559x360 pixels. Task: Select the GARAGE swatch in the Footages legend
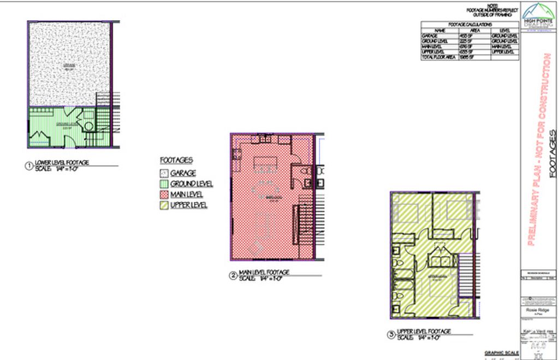[163, 173]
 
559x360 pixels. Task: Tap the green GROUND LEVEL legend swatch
[163, 184]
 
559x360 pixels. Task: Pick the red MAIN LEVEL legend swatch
[163, 194]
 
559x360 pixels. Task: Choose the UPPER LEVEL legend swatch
[163, 205]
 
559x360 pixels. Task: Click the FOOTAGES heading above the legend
[176, 161]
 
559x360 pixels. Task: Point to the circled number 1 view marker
[29, 166]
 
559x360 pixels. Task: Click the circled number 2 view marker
[233, 276]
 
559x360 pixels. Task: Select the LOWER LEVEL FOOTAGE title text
[62, 162]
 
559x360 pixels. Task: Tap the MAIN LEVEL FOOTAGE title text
[264, 272]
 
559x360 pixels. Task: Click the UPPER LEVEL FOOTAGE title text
[424, 331]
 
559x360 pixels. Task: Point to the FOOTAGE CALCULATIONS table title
[469, 25]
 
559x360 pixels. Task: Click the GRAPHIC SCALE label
[501, 352]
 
